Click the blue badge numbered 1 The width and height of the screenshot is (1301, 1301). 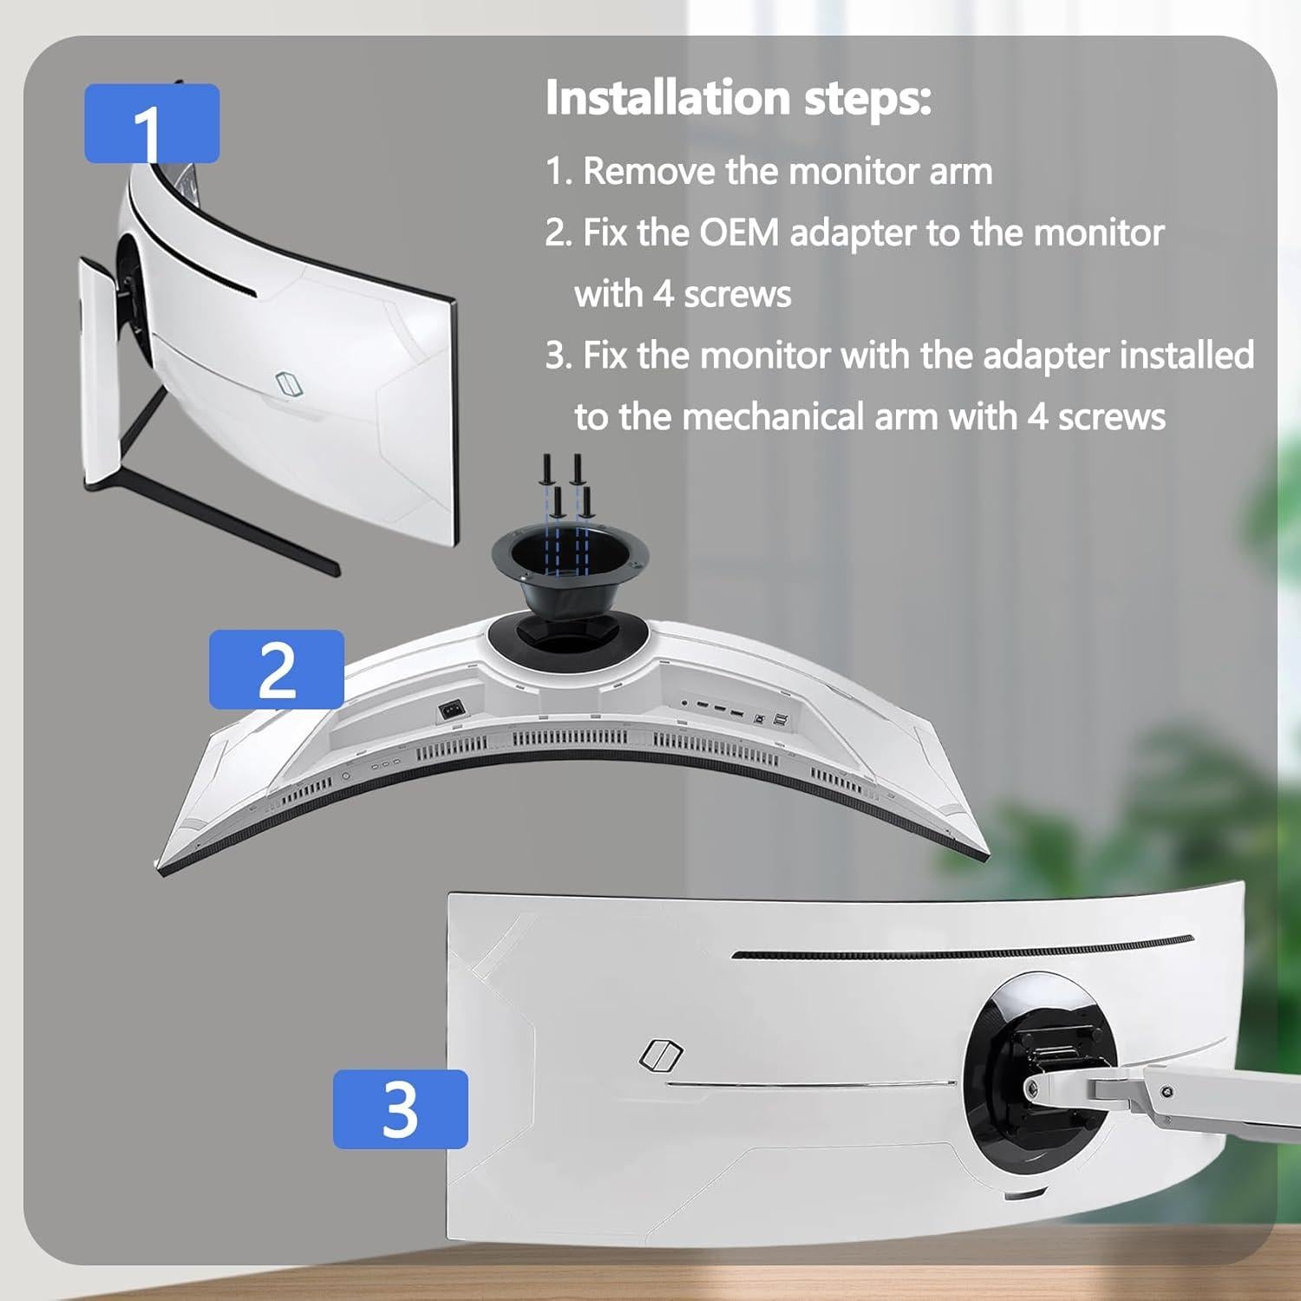151,123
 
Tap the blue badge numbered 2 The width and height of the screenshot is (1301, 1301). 276,669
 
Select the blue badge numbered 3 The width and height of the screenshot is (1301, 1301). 400,1108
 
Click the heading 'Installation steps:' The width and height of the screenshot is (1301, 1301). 738,97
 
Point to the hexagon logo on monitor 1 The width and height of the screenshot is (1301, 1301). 287,382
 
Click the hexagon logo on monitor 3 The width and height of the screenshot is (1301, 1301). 661,1054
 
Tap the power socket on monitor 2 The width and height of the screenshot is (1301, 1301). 452,709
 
